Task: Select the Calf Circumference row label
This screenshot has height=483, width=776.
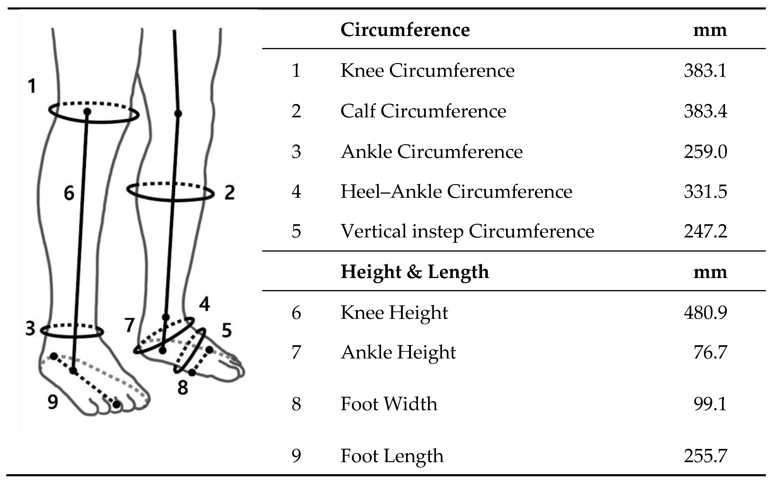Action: pos(423,111)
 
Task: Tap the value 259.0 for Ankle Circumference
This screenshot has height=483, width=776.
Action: pos(705,151)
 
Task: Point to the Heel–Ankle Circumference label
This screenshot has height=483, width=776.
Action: pos(456,192)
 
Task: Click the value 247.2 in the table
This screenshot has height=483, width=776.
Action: pos(705,231)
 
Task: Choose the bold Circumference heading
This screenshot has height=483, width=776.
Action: pos(405,30)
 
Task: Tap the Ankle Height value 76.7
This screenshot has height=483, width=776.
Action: pos(710,352)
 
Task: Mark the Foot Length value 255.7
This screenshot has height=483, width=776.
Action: pos(705,456)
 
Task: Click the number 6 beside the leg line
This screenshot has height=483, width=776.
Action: pos(69,193)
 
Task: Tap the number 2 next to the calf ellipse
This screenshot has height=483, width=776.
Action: pos(229,193)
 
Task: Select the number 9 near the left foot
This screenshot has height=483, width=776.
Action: pos(53,402)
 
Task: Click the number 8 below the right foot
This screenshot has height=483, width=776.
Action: pos(183,388)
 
